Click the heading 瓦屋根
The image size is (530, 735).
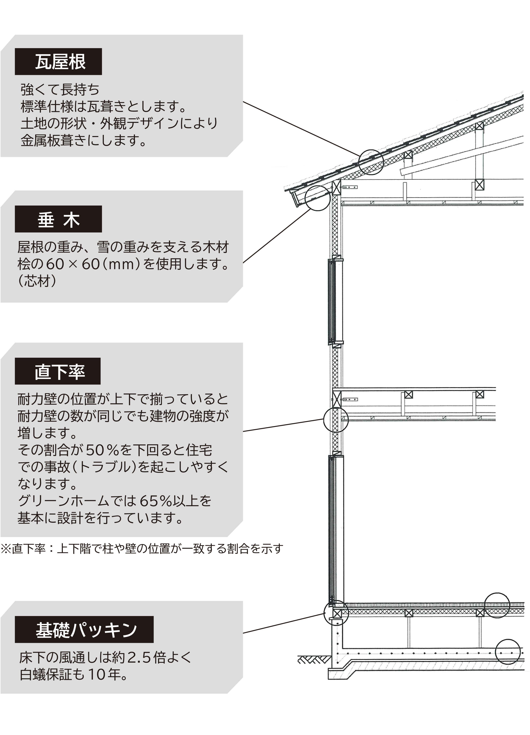pos(60,62)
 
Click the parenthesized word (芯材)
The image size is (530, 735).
pos(37,281)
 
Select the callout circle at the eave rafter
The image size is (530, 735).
pos(318,198)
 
